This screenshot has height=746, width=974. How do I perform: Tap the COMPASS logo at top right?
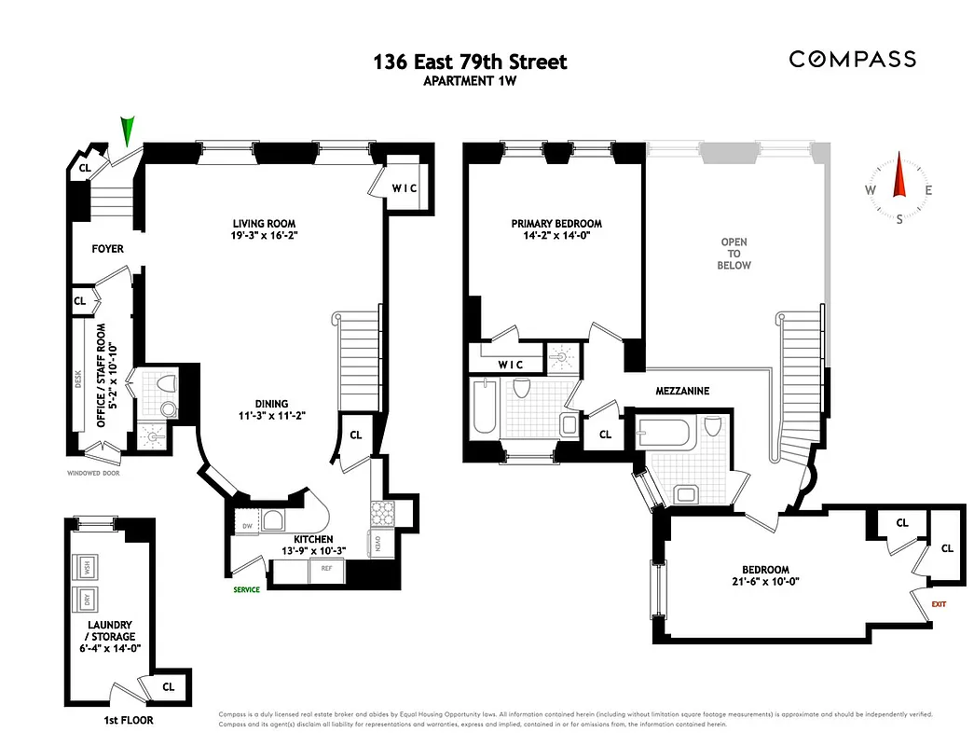coord(852,59)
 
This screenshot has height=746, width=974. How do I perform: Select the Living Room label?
coord(264,224)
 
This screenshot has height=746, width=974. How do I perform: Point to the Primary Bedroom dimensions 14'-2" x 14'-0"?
coord(556,237)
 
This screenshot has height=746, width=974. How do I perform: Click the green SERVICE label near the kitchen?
coord(247,589)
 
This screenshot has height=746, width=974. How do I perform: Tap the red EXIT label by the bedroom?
coord(939,604)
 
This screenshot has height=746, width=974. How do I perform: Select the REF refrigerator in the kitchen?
coord(327,567)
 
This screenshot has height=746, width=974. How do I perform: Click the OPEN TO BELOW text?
coord(734,254)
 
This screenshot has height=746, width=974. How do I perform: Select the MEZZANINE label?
coord(681,392)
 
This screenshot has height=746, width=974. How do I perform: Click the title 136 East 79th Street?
coord(470,62)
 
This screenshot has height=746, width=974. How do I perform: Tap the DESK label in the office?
coord(79,379)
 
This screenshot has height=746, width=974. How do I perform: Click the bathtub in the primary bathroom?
coord(485,408)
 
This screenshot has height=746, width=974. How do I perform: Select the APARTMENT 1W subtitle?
coord(470,81)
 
